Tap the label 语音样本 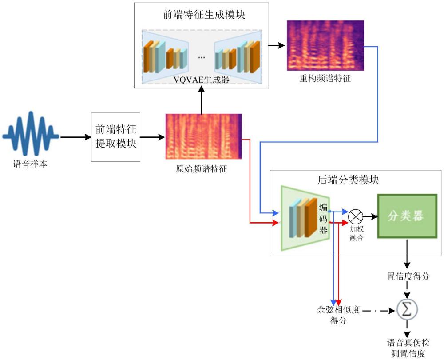(30, 164)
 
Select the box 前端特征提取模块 (115, 137)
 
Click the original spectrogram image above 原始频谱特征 (203, 136)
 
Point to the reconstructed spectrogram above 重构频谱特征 (325, 45)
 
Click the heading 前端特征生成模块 (204, 15)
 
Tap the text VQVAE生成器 (201, 80)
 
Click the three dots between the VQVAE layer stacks (201, 57)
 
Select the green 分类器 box (407, 216)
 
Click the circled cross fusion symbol (355, 217)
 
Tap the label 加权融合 (357, 233)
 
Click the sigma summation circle (407, 309)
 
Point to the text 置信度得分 (408, 276)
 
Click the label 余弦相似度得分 (338, 315)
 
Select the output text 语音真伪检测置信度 (408, 348)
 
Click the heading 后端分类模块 (348, 180)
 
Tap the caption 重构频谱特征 (325, 78)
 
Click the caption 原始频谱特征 (201, 169)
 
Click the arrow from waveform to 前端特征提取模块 (76, 137)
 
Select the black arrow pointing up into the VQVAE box (201, 100)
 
